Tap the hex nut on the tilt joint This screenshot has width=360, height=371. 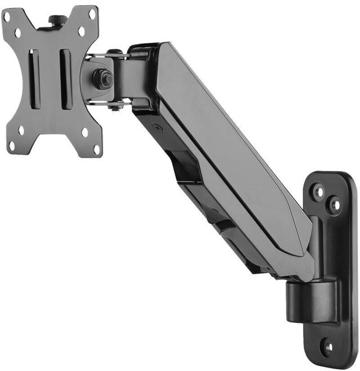pos(103,79)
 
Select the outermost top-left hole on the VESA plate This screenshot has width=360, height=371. pos(7,17)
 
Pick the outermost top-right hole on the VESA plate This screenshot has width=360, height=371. pos(91,14)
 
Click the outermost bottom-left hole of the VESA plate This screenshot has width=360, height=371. pos(12,145)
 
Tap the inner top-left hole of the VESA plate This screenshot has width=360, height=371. pos(18,32)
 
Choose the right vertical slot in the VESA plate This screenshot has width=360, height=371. pos(66,79)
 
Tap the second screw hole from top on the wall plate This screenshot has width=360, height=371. pos(334,205)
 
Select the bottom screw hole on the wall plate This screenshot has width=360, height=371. pos(328,347)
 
